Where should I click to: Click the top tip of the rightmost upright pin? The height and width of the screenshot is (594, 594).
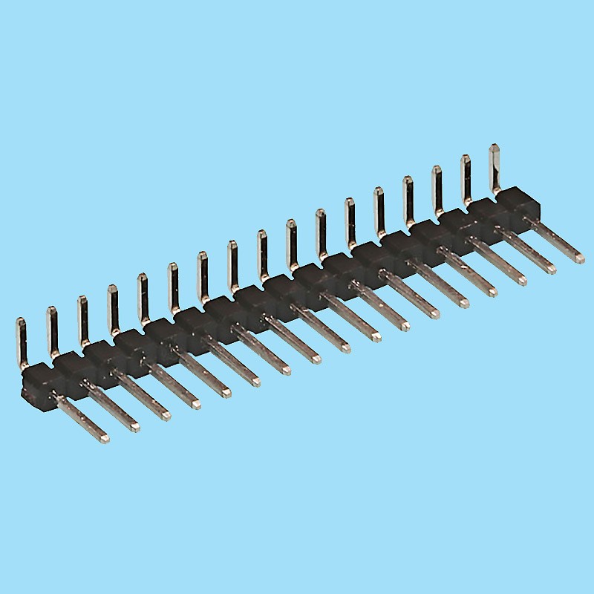click(x=494, y=148)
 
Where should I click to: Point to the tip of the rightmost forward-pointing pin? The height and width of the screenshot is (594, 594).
click(x=579, y=258)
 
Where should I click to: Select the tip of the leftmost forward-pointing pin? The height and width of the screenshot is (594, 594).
click(x=105, y=439)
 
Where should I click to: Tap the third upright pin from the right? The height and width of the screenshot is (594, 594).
click(x=437, y=186)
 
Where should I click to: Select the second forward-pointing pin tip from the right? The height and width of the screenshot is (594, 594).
click(x=551, y=269)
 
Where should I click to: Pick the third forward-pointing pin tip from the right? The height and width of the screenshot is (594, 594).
click(x=522, y=280)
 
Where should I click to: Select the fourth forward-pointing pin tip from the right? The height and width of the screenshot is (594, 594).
click(x=493, y=291)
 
